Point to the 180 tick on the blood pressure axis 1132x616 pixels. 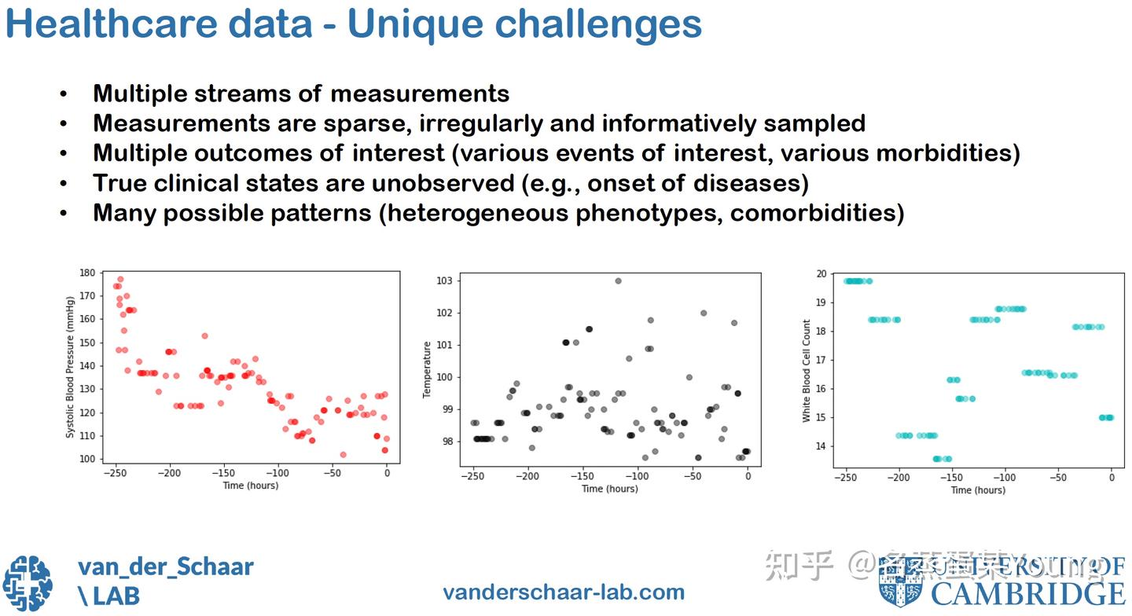pyautogui.click(x=86, y=273)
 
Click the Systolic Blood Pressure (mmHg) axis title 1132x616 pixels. pyautogui.click(x=70, y=366)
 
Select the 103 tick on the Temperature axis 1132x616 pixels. pyautogui.click(x=445, y=280)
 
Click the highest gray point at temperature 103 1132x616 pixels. pyautogui.click(x=618, y=280)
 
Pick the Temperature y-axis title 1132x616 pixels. pyautogui.click(x=428, y=369)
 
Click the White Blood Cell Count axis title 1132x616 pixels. pyautogui.click(x=806, y=371)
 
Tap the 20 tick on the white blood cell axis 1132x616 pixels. pyautogui.click(x=821, y=274)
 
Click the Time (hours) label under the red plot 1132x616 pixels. pyautogui.click(x=250, y=486)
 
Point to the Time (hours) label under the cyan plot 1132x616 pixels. pyautogui.click(x=977, y=490)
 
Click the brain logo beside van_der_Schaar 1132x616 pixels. pyautogui.click(x=28, y=583)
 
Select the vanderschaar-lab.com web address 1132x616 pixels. pyautogui.click(x=564, y=592)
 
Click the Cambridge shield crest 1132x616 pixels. pyautogui.click(x=900, y=583)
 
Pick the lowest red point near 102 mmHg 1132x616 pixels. pyautogui.click(x=343, y=454)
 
